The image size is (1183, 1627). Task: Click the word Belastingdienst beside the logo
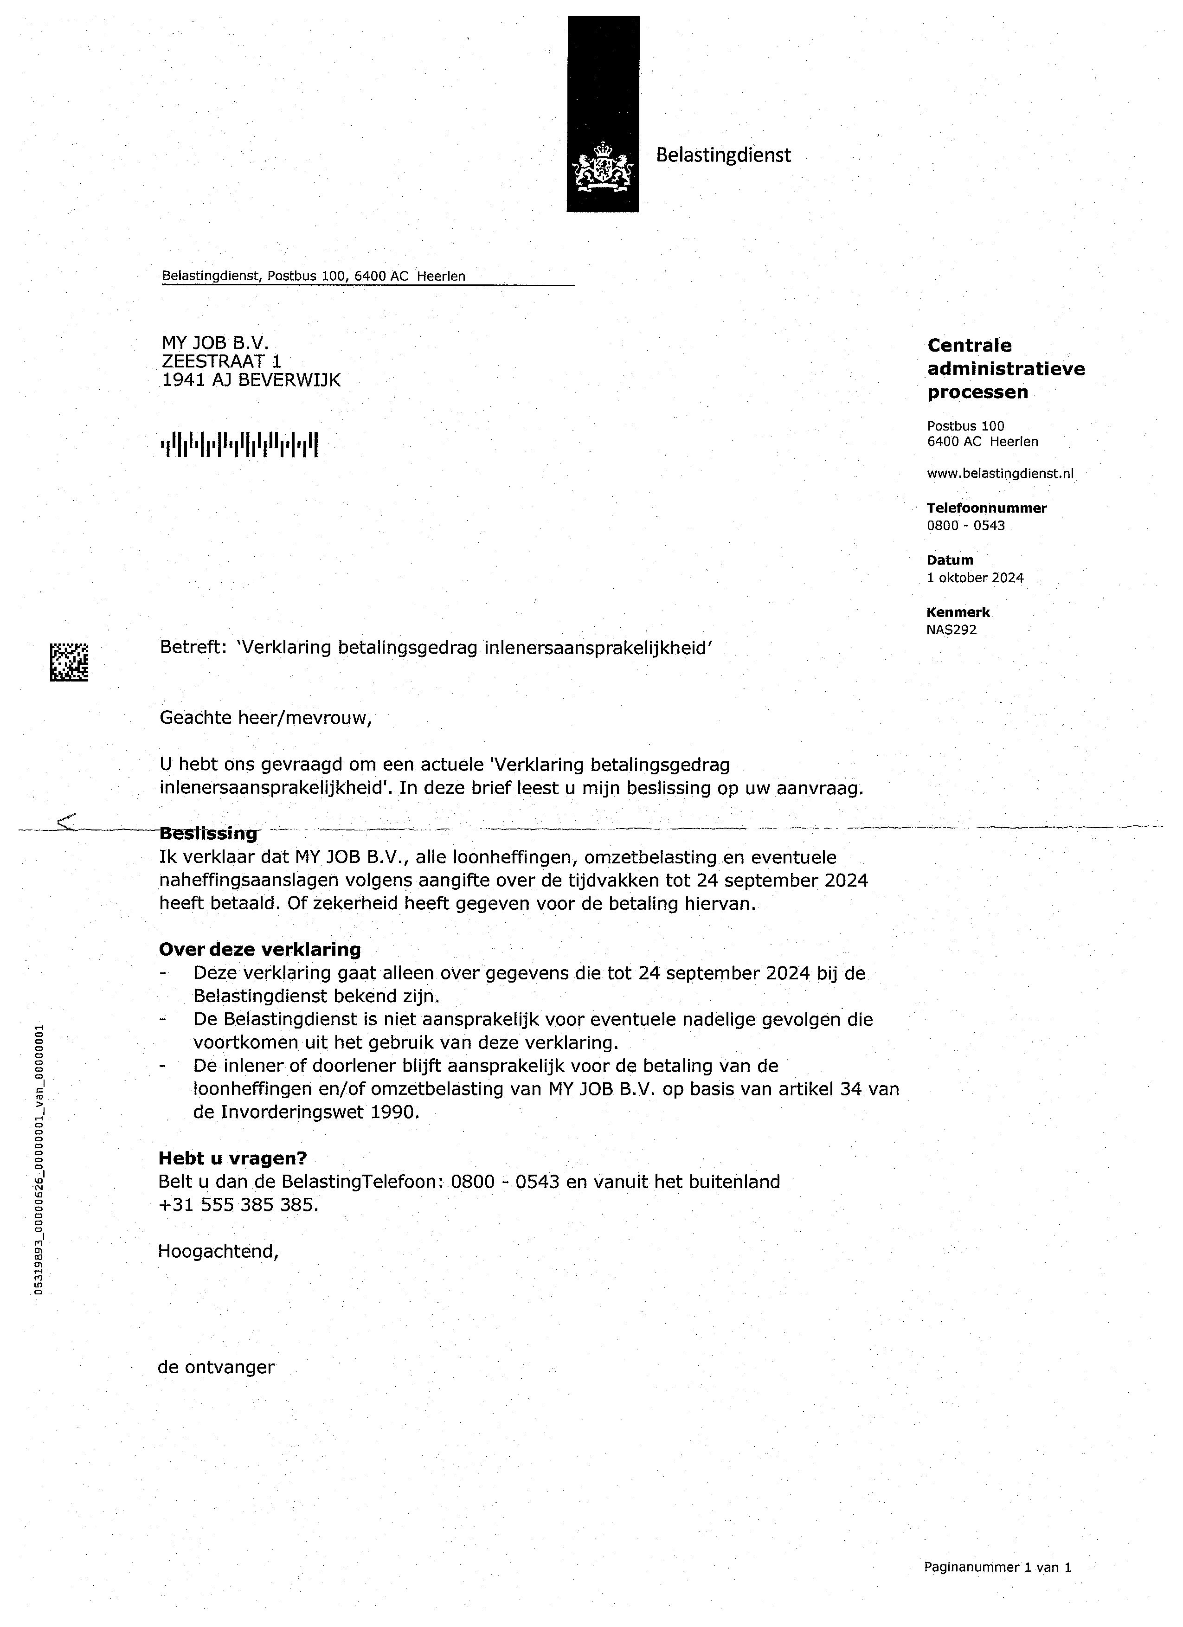(723, 155)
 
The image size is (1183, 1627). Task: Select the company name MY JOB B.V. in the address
(215, 344)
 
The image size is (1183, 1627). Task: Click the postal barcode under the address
(239, 444)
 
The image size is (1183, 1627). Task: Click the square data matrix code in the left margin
(69, 662)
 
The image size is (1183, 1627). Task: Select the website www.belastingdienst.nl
(1000, 473)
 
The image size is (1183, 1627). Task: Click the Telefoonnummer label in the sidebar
(986, 508)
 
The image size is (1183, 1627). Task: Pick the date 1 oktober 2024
(975, 578)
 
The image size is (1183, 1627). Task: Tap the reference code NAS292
(952, 630)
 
